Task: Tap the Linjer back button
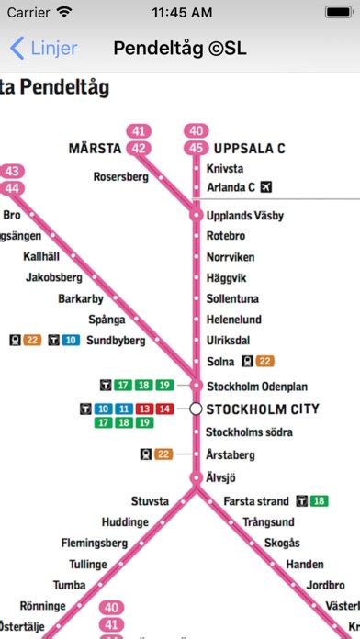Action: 43,49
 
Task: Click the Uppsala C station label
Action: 249,149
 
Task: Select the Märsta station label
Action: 95,149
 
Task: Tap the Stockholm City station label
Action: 263,409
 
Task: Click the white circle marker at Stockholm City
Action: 196,409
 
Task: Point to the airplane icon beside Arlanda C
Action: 267,187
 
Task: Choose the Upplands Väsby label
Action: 245,216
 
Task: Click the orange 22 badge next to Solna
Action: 264,361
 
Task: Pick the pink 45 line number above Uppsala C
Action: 195,148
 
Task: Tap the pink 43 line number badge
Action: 12,172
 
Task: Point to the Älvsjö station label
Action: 222,477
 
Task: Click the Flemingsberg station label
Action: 94,543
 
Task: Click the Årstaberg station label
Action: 231,454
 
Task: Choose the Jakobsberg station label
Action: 54,276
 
